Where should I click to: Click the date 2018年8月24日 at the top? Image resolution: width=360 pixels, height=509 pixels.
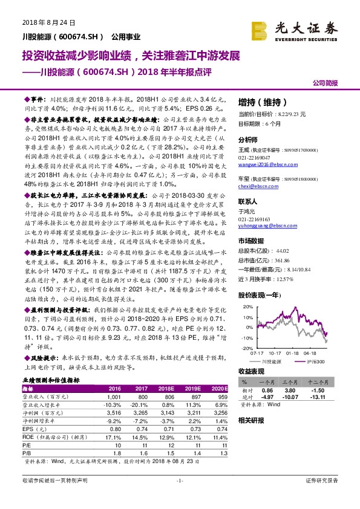48,22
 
